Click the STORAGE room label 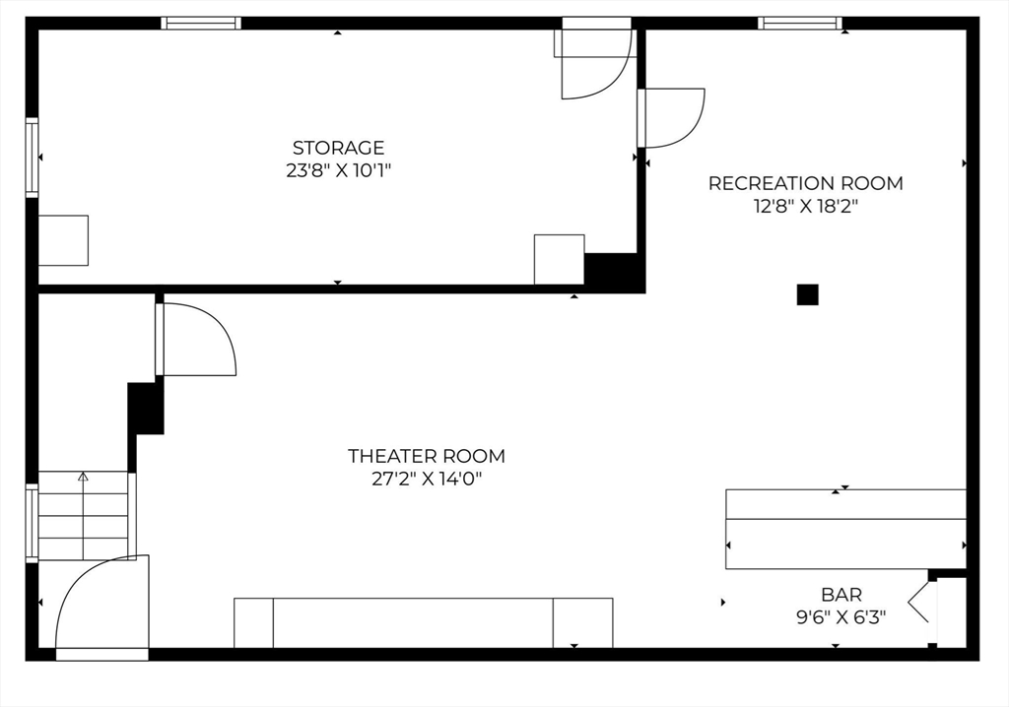[x=338, y=148]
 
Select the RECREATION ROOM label [x=805, y=183]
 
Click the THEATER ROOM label [x=426, y=456]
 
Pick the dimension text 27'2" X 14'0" [x=426, y=480]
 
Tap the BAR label [x=841, y=595]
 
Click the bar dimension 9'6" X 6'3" [x=841, y=617]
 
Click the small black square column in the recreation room [x=807, y=294]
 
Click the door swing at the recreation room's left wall [x=672, y=117]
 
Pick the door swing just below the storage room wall [x=197, y=340]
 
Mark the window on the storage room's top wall [x=201, y=23]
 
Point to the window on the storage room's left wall [x=32, y=158]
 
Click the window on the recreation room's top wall [x=800, y=23]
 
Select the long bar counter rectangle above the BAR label [x=845, y=529]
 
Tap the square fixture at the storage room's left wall [x=63, y=240]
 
